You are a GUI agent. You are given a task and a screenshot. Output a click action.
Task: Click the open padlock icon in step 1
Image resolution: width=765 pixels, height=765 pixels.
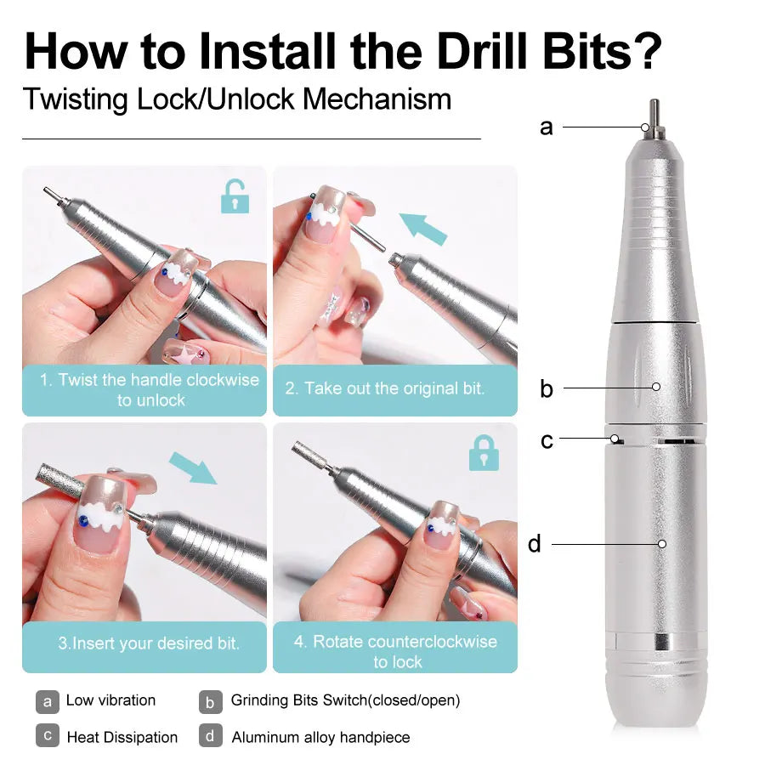coord(235,196)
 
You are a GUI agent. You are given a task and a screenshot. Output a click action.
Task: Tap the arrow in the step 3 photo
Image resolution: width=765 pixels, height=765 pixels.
coord(193,467)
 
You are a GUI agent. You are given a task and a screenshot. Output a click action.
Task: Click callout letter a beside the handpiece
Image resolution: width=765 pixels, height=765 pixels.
coord(546,127)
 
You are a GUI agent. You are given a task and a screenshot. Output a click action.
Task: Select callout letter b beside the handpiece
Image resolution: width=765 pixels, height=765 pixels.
coord(546,388)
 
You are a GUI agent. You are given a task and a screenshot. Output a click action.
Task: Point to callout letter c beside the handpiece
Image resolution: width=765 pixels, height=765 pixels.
coord(547,440)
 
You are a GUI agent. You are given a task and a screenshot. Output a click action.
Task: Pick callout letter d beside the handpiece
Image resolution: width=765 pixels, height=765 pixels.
coord(535,543)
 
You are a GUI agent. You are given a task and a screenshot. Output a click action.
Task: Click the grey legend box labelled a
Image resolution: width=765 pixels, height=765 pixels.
coord(48,701)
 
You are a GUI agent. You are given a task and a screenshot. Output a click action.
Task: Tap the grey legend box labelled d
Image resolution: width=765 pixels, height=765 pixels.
coord(211,736)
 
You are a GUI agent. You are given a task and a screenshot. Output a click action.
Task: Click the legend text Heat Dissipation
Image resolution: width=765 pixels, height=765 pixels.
coord(122,737)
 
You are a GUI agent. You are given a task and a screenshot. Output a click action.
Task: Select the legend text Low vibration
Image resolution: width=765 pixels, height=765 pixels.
coord(110,700)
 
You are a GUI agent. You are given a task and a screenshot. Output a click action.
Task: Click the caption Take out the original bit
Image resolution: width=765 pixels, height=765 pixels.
coord(384,388)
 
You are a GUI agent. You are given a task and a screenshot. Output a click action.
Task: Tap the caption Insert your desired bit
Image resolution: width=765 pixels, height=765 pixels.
coord(148,643)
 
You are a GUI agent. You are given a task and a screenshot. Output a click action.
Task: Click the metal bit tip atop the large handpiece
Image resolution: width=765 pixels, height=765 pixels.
coord(652,114)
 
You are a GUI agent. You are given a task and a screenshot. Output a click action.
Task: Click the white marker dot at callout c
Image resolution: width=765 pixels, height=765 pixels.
coord(614,439)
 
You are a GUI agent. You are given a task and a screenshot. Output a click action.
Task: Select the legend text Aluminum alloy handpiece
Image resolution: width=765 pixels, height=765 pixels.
coord(320,737)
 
